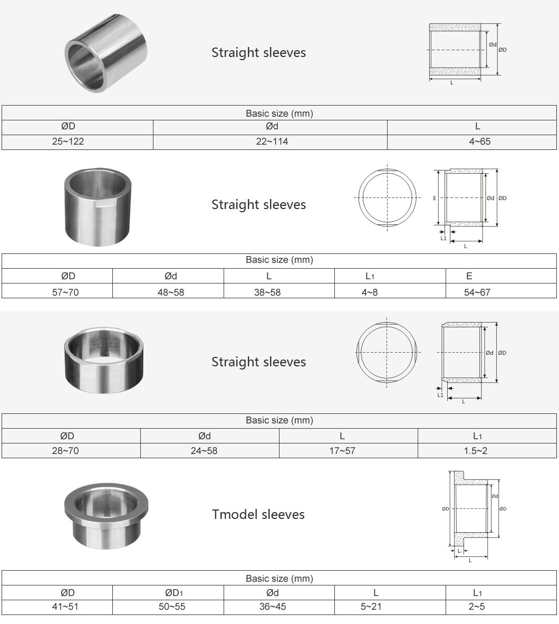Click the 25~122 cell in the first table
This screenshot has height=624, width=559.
pyautogui.click(x=68, y=141)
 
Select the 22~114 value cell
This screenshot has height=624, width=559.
pyautogui.click(x=272, y=141)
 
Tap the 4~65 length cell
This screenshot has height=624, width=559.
pyautogui.click(x=477, y=141)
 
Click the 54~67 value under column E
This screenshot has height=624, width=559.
pyautogui.click(x=477, y=292)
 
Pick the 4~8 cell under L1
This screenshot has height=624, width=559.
pyautogui.click(x=369, y=292)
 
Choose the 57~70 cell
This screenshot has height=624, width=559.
pyautogui.click(x=65, y=292)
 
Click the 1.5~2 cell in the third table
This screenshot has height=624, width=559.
pyautogui.click(x=477, y=451)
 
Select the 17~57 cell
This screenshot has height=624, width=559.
pyautogui.click(x=342, y=451)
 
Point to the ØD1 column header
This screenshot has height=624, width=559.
pyautogui.click(x=171, y=593)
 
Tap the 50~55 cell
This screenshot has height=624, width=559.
pyautogui.click(x=171, y=607)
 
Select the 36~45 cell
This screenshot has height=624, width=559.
pyautogui.click(x=272, y=607)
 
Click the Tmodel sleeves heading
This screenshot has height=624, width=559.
pyautogui.click(x=258, y=514)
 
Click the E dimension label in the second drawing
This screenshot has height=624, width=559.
pyautogui.click(x=434, y=198)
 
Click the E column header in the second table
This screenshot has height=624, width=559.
pyautogui.click(x=469, y=276)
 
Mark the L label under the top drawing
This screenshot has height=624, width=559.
pyautogui.click(x=451, y=83)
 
